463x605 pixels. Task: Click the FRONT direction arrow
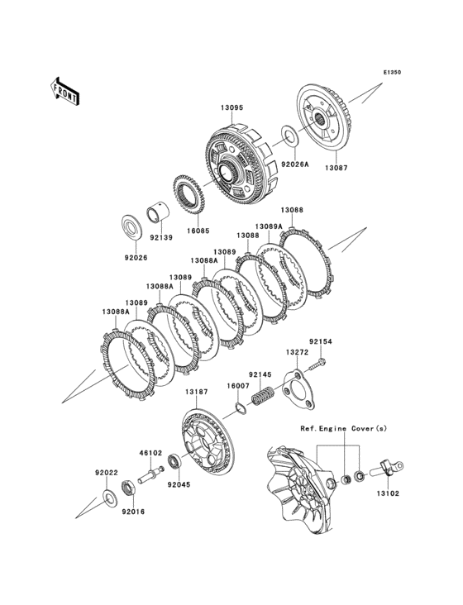click(x=64, y=92)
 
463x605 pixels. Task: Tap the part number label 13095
click(x=231, y=107)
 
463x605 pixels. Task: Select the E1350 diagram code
click(x=392, y=72)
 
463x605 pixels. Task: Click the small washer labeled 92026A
click(x=289, y=136)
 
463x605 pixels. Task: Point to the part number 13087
click(x=336, y=168)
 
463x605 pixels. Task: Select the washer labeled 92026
click(x=131, y=228)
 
